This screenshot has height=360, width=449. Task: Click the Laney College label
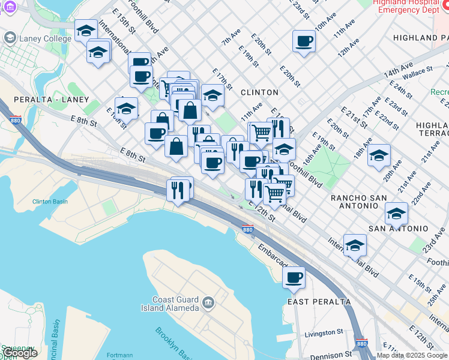[x=45, y=39]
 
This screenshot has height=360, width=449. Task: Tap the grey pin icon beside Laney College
[x=10, y=38]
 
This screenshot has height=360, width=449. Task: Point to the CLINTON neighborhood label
[x=259, y=92]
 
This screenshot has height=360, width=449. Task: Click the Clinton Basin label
[x=50, y=202]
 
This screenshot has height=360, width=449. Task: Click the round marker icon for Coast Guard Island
[x=208, y=301]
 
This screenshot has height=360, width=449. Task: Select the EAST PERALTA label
[x=319, y=301]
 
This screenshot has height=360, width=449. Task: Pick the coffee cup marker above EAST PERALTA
[x=294, y=277]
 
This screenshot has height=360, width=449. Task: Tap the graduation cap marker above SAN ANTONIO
[x=396, y=213]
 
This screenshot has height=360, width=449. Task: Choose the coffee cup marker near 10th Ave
[x=304, y=41]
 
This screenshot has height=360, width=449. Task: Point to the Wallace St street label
[x=417, y=71]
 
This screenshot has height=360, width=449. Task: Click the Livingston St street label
[x=324, y=332]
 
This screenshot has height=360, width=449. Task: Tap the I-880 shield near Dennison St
[x=361, y=343]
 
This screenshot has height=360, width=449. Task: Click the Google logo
[x=19, y=352]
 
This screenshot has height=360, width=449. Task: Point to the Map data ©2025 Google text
[x=412, y=355]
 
